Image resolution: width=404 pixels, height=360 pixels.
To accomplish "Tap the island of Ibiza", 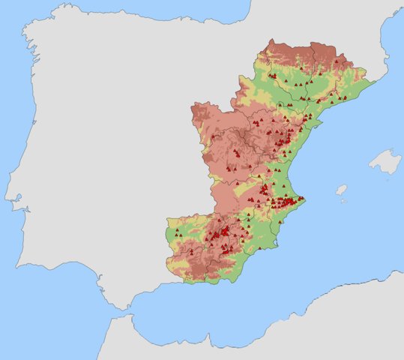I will (341, 190).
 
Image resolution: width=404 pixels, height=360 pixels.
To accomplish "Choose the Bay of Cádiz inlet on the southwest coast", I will (102, 286).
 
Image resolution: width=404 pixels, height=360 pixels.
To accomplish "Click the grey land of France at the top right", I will (315, 22).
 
